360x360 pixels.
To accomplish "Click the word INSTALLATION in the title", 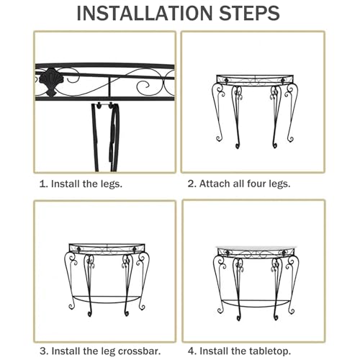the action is click(145, 13).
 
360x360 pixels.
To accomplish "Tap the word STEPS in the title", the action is click(250, 13).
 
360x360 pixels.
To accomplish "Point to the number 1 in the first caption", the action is click(42, 184).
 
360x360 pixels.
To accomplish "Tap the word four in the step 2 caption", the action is click(256, 184).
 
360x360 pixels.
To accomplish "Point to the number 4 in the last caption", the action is click(191, 351).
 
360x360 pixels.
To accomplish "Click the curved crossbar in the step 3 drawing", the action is click(107, 300).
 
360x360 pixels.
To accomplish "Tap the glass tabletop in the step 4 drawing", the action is click(256, 248).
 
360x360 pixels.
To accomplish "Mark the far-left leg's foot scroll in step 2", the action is click(219, 138).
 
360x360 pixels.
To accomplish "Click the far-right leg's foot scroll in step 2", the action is click(291, 138).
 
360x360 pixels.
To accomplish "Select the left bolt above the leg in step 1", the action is click(99, 105).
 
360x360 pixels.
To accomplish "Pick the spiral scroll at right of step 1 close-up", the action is click(143, 88).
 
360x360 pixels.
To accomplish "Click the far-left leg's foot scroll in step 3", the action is click(71, 307).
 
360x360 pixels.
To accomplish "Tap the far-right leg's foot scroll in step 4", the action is click(292, 311).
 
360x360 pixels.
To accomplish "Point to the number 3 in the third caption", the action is click(43, 351).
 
